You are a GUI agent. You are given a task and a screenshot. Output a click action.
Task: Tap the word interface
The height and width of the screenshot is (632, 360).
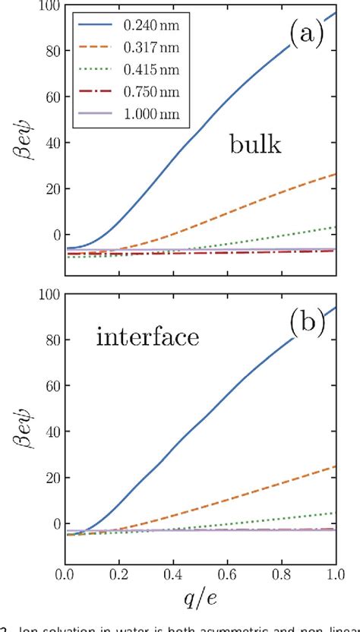click(x=148, y=336)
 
